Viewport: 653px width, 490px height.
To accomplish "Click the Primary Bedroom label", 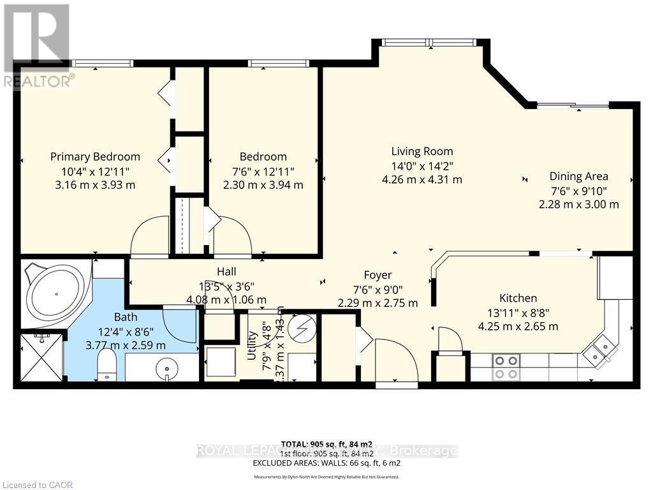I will coord(95,156).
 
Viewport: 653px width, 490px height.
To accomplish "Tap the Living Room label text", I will coord(422,151).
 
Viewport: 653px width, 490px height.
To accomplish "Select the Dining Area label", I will coord(578,176).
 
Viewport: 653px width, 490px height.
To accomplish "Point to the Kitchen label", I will coord(517,298).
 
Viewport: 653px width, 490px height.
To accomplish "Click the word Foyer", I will coord(377,275).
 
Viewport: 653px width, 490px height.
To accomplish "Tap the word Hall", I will coord(226,271).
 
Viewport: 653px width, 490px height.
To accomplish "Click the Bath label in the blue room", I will coord(126,316).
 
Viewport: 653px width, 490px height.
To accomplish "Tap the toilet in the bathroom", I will coord(107,366).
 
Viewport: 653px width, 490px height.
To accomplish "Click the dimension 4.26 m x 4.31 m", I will coord(422,179).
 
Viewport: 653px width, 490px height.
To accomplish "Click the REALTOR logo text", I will coord(38,81).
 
